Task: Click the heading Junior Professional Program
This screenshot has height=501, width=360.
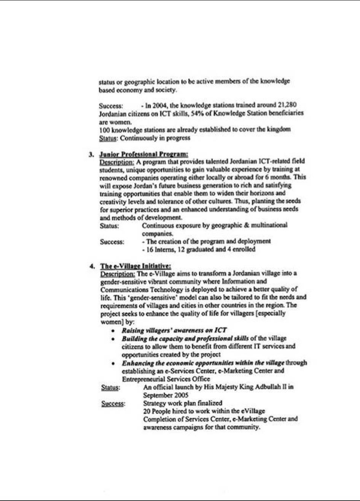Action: tap(143, 154)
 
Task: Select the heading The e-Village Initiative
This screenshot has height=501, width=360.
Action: tap(135, 266)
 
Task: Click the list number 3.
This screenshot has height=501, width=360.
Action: tap(91, 154)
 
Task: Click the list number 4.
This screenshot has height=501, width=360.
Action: tap(92, 266)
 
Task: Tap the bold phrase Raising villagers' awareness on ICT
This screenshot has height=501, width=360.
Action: tap(174, 330)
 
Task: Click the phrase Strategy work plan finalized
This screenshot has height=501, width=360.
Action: tap(183, 403)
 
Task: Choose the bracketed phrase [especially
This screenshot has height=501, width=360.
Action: tap(271, 314)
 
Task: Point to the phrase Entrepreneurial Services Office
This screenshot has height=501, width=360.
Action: tap(166, 379)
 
